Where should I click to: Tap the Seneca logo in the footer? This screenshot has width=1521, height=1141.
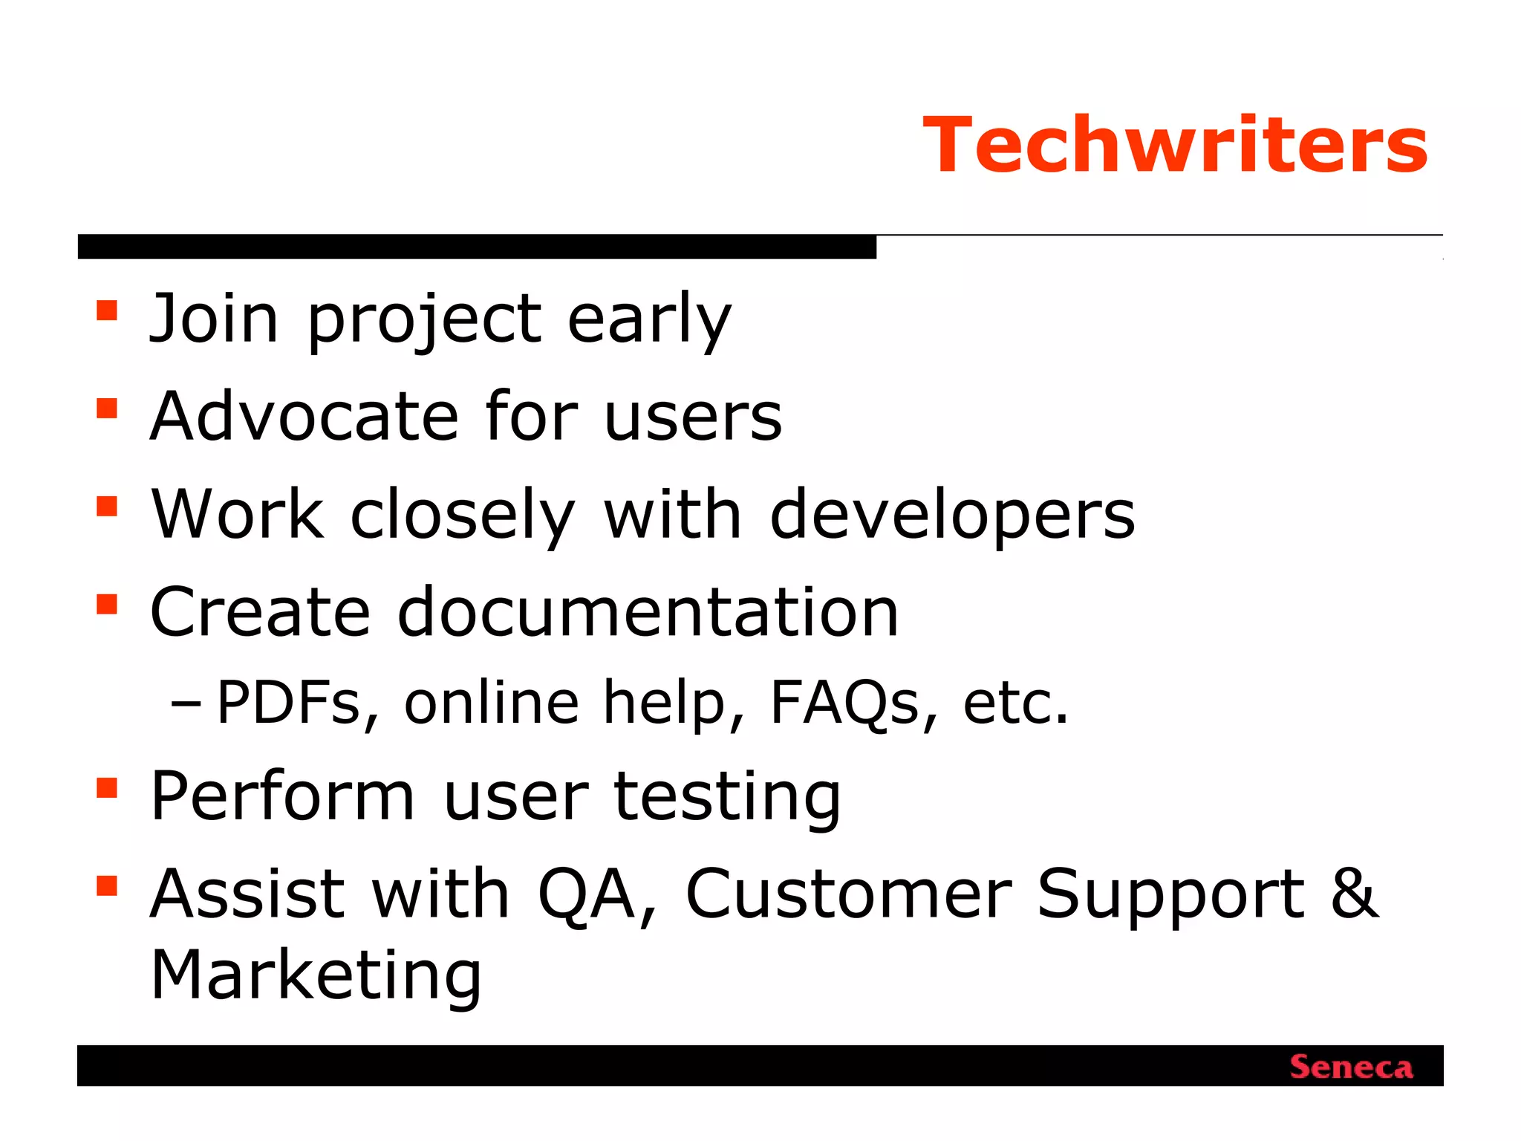click(1351, 1067)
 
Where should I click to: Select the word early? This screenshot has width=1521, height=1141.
click(649, 319)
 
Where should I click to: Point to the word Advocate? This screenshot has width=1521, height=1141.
click(304, 416)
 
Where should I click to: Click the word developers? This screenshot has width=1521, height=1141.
click(952, 515)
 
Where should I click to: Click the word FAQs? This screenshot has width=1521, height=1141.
click(844, 703)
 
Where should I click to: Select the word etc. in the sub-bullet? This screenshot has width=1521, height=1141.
click(1015, 703)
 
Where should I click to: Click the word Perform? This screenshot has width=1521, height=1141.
click(282, 796)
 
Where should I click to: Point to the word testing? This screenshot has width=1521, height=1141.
click(727, 797)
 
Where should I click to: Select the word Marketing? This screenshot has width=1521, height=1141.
click(316, 975)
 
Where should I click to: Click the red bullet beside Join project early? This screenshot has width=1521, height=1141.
click(107, 310)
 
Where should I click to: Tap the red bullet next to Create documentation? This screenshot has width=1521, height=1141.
click(107, 604)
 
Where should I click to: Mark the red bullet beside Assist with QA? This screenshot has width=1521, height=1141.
click(107, 885)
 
